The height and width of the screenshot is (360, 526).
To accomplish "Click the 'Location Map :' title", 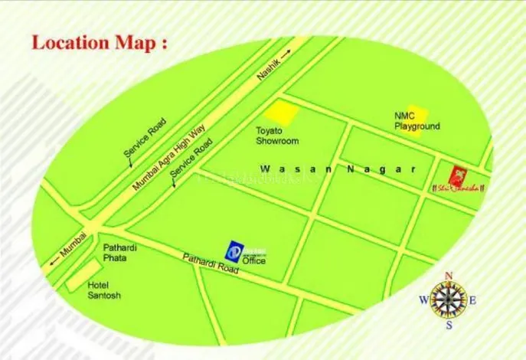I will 99,41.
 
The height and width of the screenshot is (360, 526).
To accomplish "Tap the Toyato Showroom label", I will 277,136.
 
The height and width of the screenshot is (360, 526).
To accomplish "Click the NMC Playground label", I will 417,121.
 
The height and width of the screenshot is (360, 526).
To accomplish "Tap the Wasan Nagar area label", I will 337,169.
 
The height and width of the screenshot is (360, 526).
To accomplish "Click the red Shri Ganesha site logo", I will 458,175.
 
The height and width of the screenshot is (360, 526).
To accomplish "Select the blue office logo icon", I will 235,250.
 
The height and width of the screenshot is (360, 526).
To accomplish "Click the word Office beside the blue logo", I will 253,261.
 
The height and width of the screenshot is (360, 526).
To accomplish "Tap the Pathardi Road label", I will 211,264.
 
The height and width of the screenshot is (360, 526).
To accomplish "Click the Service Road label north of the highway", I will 145,139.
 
